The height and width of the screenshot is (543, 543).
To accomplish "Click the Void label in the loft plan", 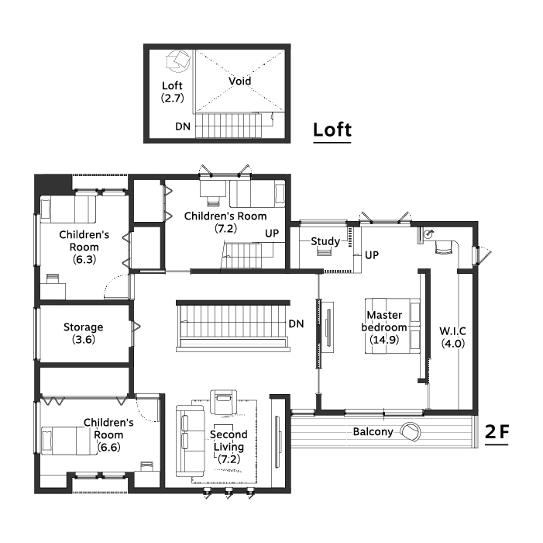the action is pos(239,81).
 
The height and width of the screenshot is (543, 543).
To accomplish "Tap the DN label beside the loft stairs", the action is pos(183,126).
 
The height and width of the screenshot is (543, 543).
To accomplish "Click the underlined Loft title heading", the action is pos(332,130).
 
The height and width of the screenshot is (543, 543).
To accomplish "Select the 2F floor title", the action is pos(497,432).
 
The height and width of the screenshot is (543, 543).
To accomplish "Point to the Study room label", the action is pos(325,241).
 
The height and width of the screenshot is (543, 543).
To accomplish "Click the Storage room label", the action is pos(83,327).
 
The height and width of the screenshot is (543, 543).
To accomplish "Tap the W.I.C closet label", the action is pos(452,330).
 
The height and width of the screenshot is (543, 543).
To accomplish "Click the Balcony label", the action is pos(373,432).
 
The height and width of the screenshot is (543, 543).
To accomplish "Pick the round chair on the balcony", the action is pos(411,432).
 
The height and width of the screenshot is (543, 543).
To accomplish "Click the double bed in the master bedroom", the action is pos(393,326).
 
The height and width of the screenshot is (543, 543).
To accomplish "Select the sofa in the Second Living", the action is pos(191,441).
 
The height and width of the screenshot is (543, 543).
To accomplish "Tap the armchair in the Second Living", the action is pos(224,402).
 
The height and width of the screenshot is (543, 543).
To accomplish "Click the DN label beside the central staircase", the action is pos(296,323).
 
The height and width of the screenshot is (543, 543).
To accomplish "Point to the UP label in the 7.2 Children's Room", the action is pos(272,233).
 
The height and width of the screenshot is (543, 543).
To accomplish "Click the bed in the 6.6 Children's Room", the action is pos(69,441).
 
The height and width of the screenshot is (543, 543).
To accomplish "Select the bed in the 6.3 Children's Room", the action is pos(68,209).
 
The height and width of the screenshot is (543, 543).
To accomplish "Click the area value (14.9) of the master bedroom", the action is pos(384,340).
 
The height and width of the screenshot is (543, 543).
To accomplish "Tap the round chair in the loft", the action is pos(178,61).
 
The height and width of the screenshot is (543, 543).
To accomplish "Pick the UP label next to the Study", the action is pos(372,255).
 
